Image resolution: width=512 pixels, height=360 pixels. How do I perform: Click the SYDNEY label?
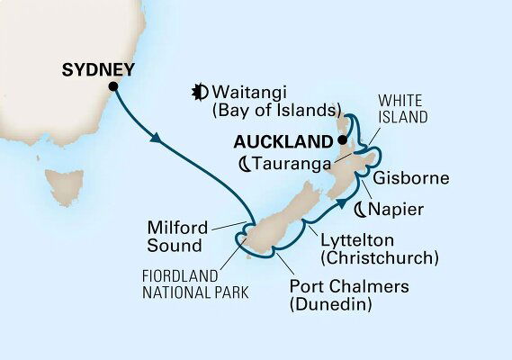point(98,69)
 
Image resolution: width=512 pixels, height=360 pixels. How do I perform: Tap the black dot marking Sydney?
point(113,86)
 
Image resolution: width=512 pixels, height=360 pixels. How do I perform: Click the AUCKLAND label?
point(284,142)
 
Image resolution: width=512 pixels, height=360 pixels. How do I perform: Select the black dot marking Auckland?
point(343,141)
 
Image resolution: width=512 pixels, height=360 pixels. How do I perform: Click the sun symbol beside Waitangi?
point(199,90)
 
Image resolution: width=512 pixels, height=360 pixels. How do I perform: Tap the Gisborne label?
point(413,178)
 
